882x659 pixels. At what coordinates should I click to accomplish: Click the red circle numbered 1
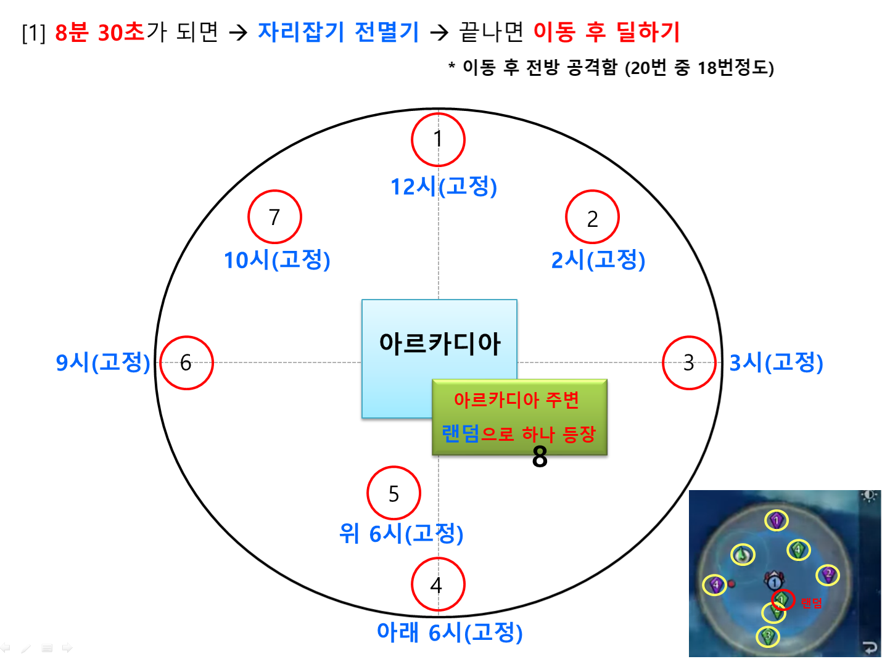(438, 114)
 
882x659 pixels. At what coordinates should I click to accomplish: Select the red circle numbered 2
(592, 190)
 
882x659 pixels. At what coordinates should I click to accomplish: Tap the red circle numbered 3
(689, 337)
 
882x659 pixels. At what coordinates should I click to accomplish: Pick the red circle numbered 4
(438, 559)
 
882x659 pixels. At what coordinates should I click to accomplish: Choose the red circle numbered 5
(394, 467)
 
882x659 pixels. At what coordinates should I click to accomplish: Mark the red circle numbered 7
(275, 190)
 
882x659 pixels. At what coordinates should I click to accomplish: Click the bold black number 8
(540, 457)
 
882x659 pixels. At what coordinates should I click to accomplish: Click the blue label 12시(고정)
(444, 186)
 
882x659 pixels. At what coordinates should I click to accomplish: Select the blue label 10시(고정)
(278, 260)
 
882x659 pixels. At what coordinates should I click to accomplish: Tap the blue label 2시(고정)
(598, 260)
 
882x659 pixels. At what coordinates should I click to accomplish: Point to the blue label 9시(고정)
(103, 362)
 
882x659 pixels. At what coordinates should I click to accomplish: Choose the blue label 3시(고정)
(777, 362)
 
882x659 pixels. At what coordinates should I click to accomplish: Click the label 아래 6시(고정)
(450, 632)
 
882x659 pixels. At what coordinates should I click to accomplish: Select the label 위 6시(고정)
(402, 534)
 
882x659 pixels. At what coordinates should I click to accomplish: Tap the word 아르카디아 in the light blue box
(440, 344)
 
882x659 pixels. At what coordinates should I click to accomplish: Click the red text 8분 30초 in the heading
(100, 32)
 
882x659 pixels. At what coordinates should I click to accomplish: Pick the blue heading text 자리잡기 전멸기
(339, 32)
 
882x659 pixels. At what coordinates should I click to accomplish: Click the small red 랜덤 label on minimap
(811, 603)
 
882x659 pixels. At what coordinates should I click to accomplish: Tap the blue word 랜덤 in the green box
(461, 434)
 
